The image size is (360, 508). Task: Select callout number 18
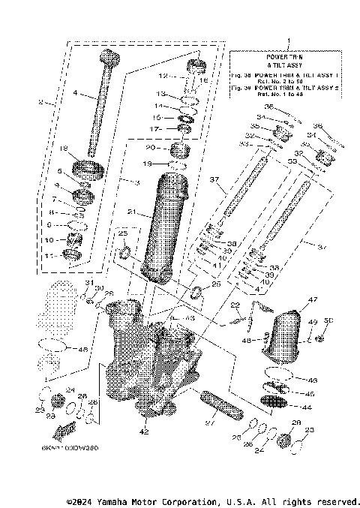[x=64, y=148]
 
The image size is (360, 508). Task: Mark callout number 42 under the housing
[x=144, y=431]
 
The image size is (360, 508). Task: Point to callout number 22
[x=235, y=305]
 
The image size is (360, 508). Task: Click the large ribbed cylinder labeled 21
[x=168, y=225]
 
